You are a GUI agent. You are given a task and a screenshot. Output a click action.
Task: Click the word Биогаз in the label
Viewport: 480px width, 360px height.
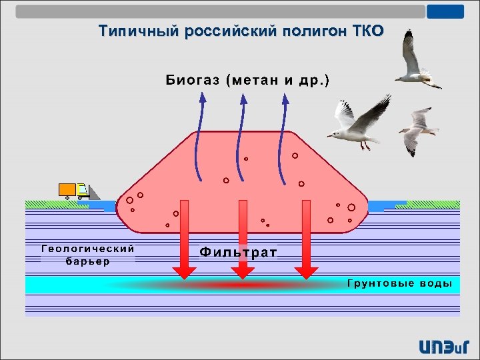tap(193, 81)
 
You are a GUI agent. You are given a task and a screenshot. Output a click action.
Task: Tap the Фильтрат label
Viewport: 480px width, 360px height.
tap(239, 252)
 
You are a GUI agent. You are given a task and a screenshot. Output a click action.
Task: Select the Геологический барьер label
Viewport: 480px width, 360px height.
tap(88, 254)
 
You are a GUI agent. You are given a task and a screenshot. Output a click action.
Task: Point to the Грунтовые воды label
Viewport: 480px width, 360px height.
tap(399, 284)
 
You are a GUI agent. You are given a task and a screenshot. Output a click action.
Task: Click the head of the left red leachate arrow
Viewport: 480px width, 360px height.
tap(185, 271)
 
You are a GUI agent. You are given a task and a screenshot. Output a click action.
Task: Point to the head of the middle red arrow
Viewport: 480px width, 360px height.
tap(243, 271)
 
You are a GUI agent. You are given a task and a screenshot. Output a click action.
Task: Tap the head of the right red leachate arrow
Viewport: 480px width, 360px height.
tap(307, 271)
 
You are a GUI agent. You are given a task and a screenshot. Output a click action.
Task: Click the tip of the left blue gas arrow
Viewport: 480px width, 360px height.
tap(203, 96)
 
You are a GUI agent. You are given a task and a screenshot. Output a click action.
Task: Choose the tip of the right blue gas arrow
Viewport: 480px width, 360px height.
tap(285, 96)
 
